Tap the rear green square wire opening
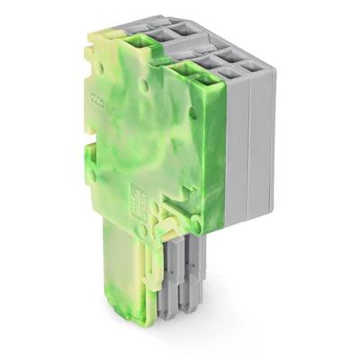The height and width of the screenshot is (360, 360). click(141, 37)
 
